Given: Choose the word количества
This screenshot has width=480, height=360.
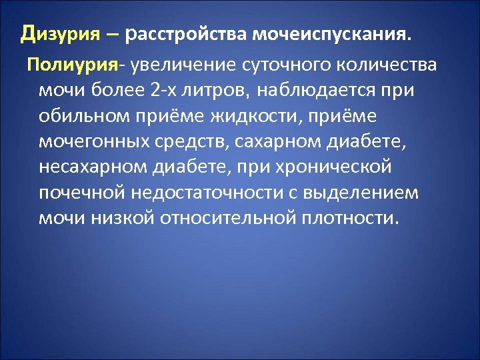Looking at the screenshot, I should tap(387, 65).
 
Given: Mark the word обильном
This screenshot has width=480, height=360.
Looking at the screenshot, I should tap(79, 116).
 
